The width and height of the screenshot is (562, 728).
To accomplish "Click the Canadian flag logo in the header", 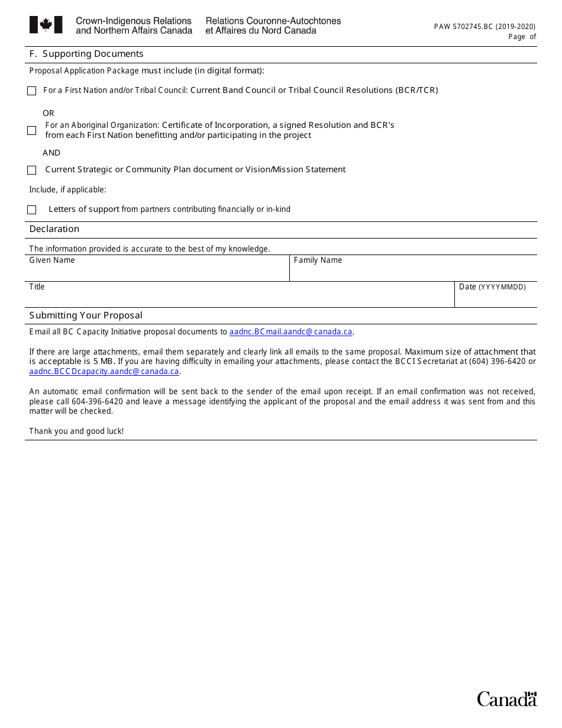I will (x=46, y=25).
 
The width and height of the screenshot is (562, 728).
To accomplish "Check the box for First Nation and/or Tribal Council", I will (x=31, y=91).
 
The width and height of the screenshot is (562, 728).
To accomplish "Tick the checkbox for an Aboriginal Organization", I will (x=32, y=130).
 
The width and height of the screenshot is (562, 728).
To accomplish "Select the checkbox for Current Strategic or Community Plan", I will (x=31, y=170).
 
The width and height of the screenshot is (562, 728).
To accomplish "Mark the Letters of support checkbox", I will (x=32, y=210).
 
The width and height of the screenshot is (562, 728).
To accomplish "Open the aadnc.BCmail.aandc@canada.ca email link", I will (x=291, y=332).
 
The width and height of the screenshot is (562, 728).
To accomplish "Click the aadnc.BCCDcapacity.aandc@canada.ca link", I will (x=104, y=372).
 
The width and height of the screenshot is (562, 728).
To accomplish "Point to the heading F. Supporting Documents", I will (x=86, y=54).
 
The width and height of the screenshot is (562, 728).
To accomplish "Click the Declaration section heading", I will (x=54, y=229).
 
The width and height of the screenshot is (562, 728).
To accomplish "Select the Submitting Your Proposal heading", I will (x=86, y=315).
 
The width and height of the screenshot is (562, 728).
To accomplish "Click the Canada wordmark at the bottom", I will (x=507, y=699).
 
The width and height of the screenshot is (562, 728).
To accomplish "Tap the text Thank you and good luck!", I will (x=76, y=431).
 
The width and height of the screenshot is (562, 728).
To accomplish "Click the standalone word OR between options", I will (x=49, y=113).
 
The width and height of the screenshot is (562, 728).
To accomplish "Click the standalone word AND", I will (x=51, y=153).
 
